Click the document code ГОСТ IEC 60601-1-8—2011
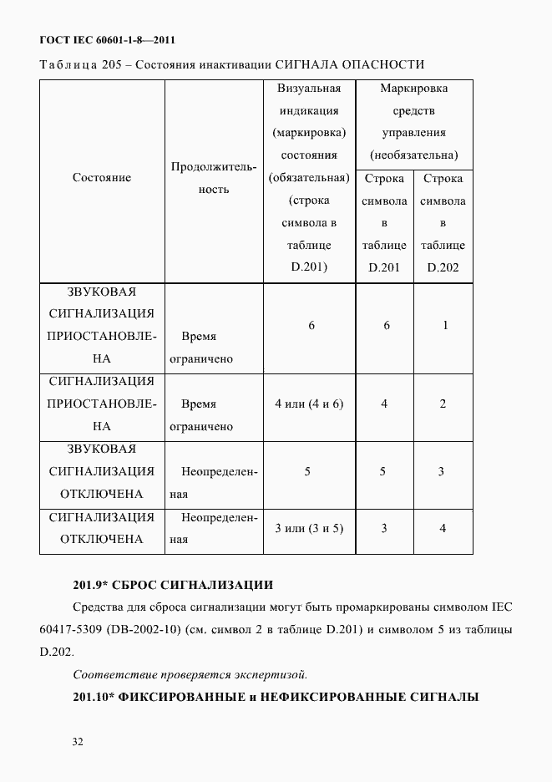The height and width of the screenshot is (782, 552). click(x=108, y=39)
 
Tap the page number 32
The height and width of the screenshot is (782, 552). click(x=78, y=741)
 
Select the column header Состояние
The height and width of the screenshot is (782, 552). click(x=102, y=177)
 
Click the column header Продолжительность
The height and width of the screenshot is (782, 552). click(x=213, y=178)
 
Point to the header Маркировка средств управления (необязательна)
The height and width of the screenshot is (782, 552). click(x=413, y=121)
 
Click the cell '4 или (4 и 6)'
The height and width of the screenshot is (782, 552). click(x=310, y=404)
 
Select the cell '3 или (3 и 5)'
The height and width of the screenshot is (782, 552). click(x=310, y=528)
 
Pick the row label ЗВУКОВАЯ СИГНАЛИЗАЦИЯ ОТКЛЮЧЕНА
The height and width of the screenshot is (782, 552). click(x=102, y=471)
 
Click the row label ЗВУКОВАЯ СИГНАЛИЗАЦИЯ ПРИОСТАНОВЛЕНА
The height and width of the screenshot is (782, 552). click(x=102, y=325)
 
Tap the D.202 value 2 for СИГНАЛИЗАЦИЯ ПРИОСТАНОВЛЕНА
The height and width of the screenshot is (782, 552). click(x=443, y=404)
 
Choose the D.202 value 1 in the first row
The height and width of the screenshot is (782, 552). click(x=444, y=325)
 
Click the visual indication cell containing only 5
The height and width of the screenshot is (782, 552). click(x=308, y=471)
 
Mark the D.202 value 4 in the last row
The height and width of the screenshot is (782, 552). click(x=443, y=528)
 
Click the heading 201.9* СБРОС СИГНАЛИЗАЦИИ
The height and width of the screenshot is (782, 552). click(x=173, y=584)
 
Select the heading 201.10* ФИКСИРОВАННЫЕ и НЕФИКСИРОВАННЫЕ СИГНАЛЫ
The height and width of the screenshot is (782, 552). click(x=275, y=697)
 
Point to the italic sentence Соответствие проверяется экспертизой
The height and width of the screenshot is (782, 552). click(x=190, y=674)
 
